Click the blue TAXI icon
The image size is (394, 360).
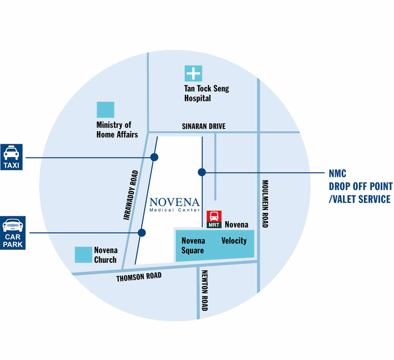tap(13, 157)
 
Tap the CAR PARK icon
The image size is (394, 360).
tap(13, 233)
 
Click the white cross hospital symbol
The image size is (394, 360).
tap(193, 73)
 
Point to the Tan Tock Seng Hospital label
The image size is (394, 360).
tap(206, 93)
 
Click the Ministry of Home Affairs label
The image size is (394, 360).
tap(117, 130)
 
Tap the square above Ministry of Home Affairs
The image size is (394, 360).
tap(105, 109)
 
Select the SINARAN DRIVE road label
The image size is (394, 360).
tap(204, 126)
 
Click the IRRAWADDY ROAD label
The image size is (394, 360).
tap(131, 194)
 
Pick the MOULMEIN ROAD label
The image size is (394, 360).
tap(265, 204)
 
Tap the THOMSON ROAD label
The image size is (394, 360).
tap(139, 277)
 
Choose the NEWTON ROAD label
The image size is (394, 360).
tap(204, 290)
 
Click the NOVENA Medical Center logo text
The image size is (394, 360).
tap(174, 204)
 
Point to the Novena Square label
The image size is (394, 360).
tap(193, 246)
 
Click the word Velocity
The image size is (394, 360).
tap(234, 240)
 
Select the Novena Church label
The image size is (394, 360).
tap(106, 255)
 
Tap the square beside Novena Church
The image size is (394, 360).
tap(83, 255)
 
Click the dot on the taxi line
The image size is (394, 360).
tap(154, 157)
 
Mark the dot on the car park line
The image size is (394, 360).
tap(141, 233)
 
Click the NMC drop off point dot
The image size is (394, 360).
tap(202, 172)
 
